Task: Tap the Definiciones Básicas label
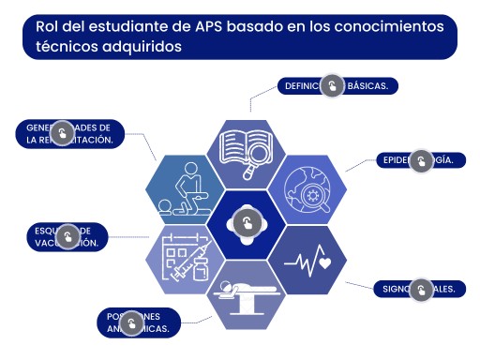337,85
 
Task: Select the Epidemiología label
420,160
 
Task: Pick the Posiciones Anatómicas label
139,322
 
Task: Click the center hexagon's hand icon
247,223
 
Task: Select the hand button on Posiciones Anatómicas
133,324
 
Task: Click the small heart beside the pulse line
324,263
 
